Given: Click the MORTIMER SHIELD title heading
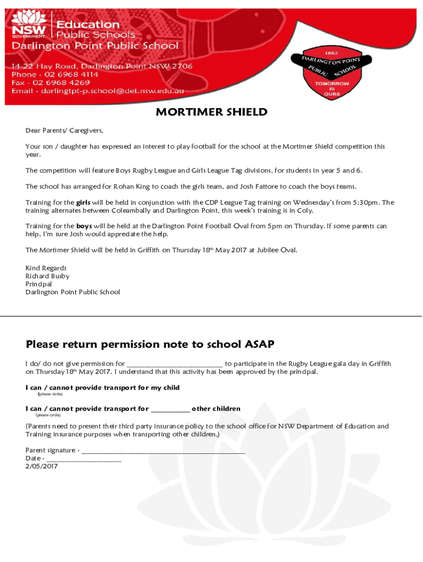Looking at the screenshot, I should click(211, 113).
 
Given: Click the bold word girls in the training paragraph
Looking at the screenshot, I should click(83, 202).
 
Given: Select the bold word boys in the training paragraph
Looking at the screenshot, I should click(84, 226).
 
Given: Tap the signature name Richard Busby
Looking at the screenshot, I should click(47, 276).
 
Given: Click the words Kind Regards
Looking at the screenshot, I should click(46, 268).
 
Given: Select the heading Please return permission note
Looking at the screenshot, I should click(150, 344).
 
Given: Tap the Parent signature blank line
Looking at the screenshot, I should click(163, 451).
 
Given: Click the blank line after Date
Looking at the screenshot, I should click(84, 459).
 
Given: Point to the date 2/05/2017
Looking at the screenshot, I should click(42, 467).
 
